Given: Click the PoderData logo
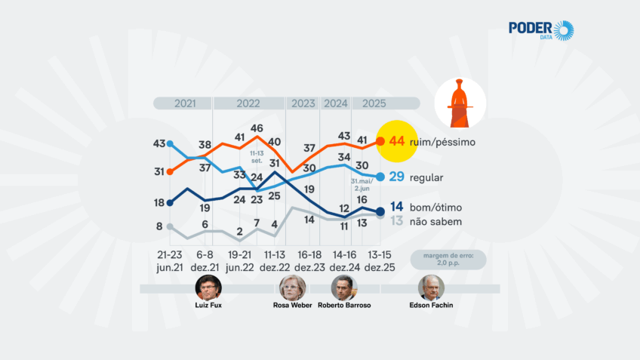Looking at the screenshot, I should [x=541, y=30].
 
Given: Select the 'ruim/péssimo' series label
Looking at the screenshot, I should [x=442, y=141].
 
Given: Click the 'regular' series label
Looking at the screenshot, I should [x=427, y=177].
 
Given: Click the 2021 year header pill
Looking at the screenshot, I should [x=183, y=103].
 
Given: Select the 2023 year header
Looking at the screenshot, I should [x=303, y=103].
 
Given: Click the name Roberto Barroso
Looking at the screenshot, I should [x=344, y=306].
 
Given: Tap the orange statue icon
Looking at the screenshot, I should [x=460, y=103].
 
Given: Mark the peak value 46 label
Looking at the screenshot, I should [x=257, y=128].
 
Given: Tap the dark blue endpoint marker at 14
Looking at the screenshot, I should [x=380, y=211].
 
